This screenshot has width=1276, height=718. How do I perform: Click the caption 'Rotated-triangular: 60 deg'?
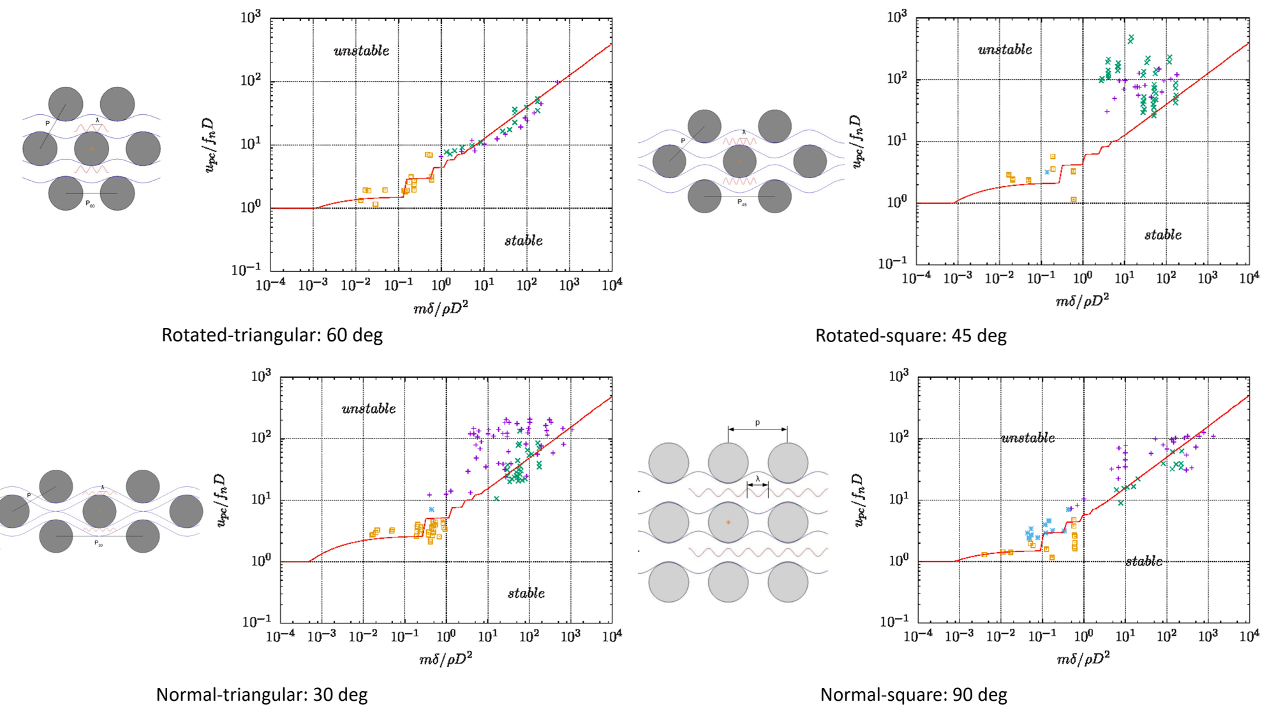(272, 335)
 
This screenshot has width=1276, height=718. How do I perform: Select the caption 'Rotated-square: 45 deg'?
(910, 336)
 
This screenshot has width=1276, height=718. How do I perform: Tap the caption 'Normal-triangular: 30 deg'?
(262, 694)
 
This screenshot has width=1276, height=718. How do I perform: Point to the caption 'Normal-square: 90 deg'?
(914, 694)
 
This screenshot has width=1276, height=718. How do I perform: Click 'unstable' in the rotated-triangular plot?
(361, 51)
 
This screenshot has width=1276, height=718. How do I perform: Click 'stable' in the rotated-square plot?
(1162, 235)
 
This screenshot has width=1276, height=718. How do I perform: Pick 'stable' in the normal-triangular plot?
(526, 594)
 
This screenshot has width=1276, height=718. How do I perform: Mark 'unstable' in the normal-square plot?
(1028, 438)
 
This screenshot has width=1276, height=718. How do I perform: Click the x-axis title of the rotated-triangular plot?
(441, 308)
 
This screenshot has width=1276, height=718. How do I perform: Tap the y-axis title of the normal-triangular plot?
(221, 500)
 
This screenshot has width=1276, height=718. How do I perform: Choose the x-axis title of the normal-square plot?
(1083, 659)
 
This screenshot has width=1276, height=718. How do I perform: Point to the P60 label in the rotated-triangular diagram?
(91, 205)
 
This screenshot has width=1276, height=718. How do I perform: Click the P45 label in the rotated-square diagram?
(742, 203)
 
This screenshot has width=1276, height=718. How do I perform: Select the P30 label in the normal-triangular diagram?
(98, 544)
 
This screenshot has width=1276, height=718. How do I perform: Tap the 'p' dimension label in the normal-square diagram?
(757, 423)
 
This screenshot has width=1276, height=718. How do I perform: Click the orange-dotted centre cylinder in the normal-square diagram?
(728, 522)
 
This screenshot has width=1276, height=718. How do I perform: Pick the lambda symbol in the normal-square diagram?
(758, 479)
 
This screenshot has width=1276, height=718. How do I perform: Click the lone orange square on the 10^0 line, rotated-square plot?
(1074, 200)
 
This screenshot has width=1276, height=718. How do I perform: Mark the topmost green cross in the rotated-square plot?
(1131, 39)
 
